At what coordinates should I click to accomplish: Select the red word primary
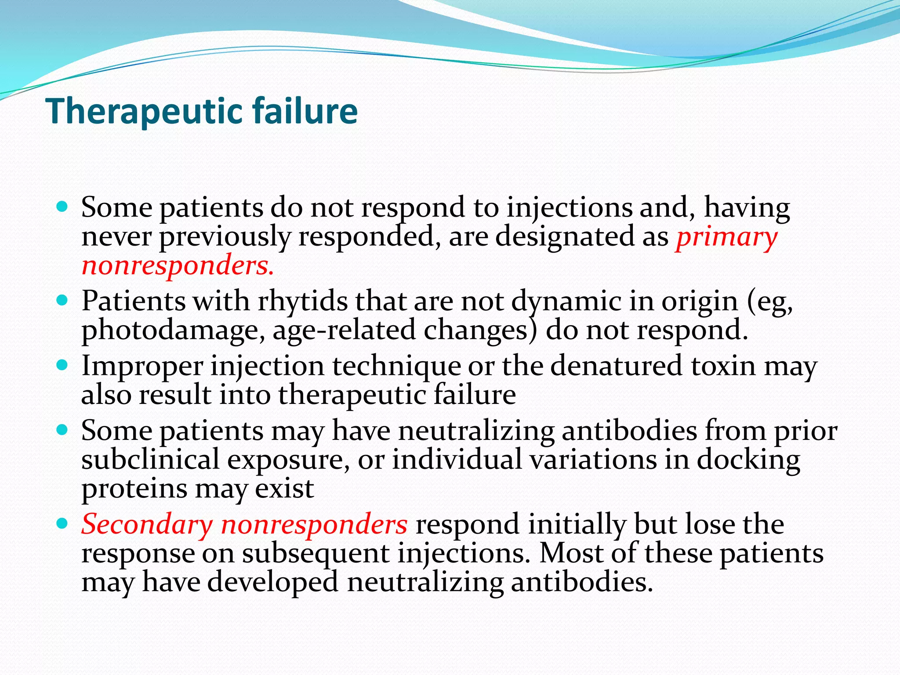click(x=726, y=238)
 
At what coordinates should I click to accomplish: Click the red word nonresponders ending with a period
click(x=178, y=266)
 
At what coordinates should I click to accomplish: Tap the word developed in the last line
click(x=272, y=583)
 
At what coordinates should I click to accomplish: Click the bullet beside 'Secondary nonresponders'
click(x=63, y=524)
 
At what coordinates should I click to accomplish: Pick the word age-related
click(x=344, y=331)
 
